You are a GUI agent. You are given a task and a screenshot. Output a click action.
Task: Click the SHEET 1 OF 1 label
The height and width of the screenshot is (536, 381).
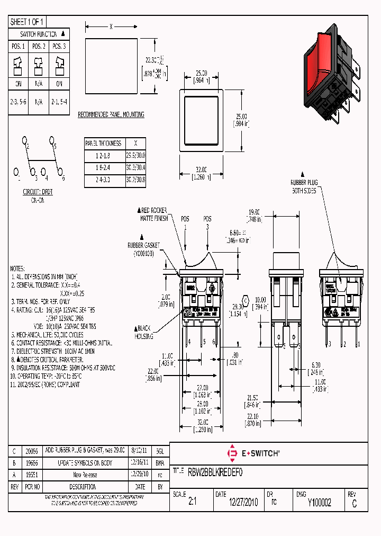point(27,22)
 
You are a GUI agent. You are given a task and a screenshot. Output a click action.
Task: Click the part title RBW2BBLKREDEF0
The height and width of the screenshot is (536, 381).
point(215,471)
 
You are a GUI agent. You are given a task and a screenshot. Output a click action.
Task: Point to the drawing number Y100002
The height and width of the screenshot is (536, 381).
point(319,503)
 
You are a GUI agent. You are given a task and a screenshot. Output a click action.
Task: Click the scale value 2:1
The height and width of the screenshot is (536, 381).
point(192,503)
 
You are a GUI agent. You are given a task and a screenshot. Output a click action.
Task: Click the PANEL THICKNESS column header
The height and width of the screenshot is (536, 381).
point(103,143)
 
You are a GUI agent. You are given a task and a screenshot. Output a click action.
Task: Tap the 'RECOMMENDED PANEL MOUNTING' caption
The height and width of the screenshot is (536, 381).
point(111,114)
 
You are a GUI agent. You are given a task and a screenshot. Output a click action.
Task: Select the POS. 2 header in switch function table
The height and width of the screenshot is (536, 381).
point(39,47)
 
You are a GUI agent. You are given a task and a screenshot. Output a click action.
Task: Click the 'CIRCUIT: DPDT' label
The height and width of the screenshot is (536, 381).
point(36,193)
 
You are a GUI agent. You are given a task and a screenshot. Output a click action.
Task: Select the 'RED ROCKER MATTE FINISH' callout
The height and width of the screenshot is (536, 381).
point(155,214)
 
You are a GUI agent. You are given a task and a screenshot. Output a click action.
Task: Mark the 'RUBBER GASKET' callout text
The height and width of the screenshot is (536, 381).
point(143,248)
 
